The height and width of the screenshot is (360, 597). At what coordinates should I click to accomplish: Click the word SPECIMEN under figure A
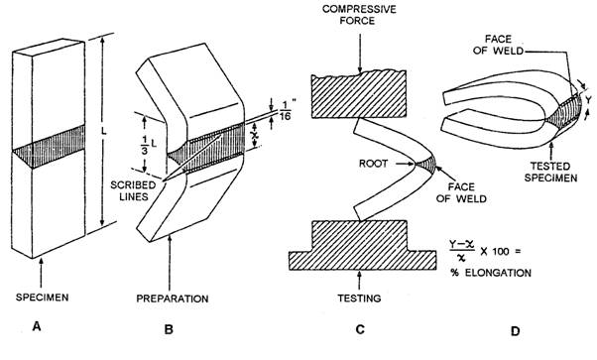43,298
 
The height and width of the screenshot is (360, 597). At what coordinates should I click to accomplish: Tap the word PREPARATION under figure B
173,299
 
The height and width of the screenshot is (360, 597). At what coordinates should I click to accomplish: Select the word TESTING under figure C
359,298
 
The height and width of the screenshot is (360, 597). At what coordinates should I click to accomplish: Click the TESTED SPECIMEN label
550,172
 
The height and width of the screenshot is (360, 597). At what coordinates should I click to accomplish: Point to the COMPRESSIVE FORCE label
359,15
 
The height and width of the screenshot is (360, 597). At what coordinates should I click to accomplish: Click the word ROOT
373,164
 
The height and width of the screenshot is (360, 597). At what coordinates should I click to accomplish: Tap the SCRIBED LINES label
133,190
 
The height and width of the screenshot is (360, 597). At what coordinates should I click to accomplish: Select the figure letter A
37,326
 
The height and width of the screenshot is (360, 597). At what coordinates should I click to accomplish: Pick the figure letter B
169,329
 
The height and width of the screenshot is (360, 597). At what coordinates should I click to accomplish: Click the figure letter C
360,329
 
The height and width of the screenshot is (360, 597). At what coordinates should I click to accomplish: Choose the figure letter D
515,331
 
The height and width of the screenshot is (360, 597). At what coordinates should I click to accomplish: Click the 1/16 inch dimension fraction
286,110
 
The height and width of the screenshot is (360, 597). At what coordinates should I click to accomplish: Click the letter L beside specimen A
103,133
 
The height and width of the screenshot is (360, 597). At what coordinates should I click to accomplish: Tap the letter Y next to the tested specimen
589,100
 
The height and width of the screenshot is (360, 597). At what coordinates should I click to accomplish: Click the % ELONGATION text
491,273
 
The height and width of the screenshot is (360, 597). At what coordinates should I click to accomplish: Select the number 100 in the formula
502,252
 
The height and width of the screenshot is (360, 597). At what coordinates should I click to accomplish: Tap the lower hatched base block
362,245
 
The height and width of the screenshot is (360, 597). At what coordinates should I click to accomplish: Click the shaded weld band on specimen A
49,147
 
